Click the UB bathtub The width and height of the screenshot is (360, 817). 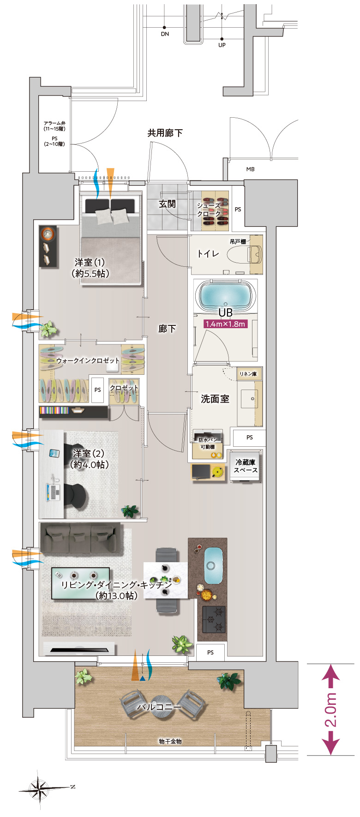pos(226,296)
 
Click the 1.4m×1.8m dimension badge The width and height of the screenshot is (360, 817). pos(225,324)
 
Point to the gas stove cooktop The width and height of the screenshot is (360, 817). pos(214,619)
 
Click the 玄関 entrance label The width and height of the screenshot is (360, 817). pos(168,204)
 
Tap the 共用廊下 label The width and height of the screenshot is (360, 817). pos(165,133)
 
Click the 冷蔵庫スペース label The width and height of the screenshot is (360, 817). pos(246,466)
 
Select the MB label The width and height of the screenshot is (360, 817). pos(250,169)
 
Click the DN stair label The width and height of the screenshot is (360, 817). pos(165,34)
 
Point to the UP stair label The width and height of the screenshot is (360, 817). pos(222,45)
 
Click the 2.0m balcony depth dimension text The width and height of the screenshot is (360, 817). pos(331,710)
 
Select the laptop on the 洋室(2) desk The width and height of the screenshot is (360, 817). pos(53,492)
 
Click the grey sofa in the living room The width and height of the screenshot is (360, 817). pos(78,538)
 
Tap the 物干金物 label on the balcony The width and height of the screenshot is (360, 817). pos(170,741)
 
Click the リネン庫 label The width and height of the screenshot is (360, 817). pos(248,374)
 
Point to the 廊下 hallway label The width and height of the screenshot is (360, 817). pos(167,329)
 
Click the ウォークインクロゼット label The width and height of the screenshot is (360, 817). pos(88,360)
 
